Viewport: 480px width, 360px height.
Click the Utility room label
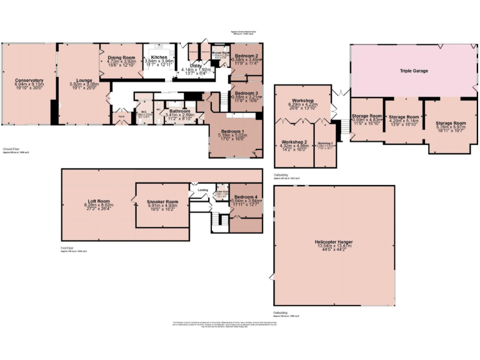pyautogui.click(x=195, y=65)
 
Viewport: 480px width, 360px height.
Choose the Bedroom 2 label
pyautogui.click(x=246, y=56)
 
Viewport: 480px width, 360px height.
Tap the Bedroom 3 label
pyautogui.click(x=246, y=92)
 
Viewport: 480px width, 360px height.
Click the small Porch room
pyautogui.click(x=121, y=116)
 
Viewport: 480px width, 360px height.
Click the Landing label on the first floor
pyautogui.click(x=202, y=190)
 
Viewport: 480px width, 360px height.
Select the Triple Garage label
pyautogui.click(x=414, y=71)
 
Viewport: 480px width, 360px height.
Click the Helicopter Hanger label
pyautogui.click(x=335, y=242)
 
